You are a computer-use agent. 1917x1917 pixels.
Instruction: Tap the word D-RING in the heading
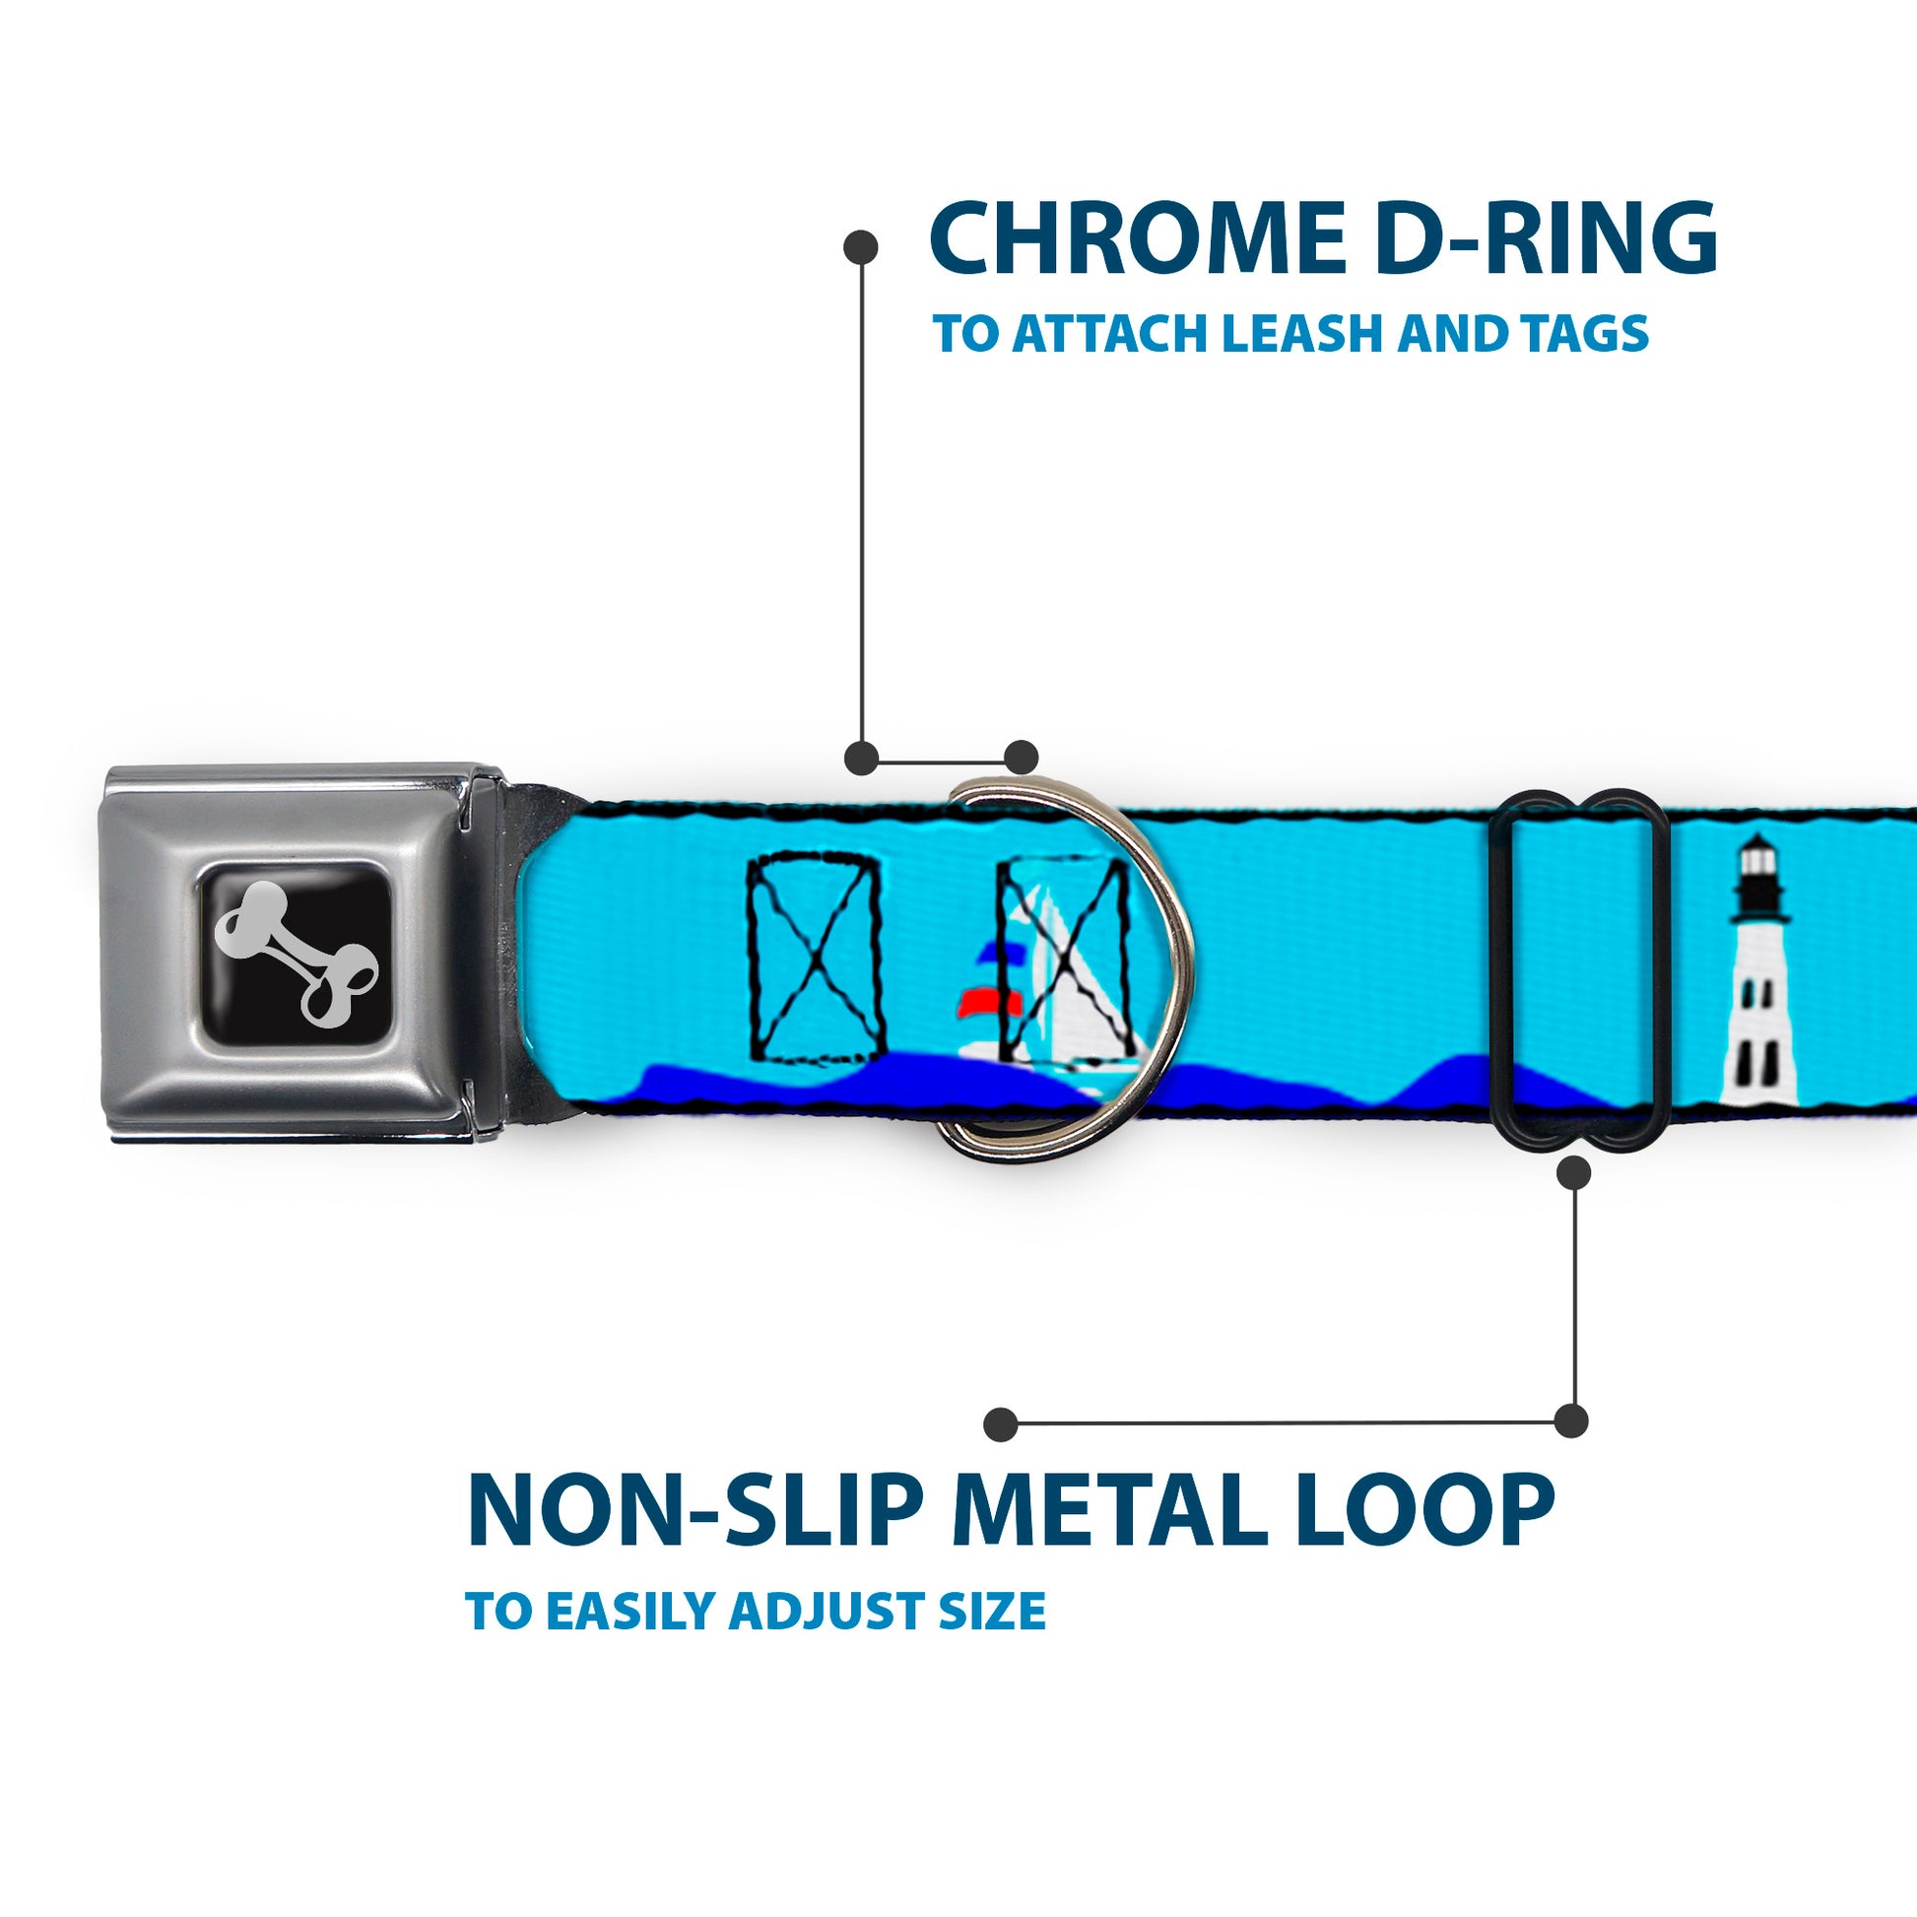1549,238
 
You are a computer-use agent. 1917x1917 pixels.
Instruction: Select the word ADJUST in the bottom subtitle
827,1611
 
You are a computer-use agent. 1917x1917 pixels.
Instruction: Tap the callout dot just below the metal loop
1574,1173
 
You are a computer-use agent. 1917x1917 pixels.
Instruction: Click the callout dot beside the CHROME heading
860,247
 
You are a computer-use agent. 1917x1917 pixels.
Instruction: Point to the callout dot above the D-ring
1021,758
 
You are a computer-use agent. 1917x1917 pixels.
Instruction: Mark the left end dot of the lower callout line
1001,1423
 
